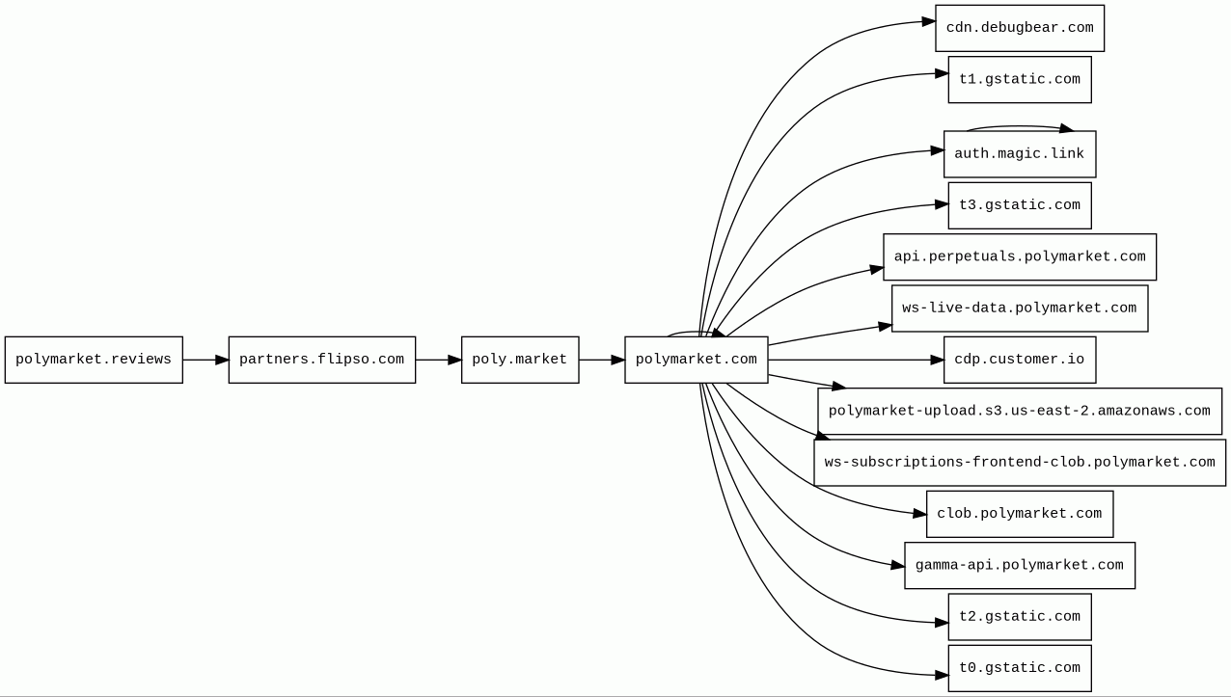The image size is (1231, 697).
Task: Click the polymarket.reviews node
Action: pyautogui.click(x=94, y=360)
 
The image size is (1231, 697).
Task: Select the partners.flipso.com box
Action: pyautogui.click(x=322, y=360)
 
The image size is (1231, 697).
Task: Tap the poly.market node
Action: pyautogui.click(x=520, y=360)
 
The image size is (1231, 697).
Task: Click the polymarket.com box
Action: pyautogui.click(x=697, y=360)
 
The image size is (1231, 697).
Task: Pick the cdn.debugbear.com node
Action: pyautogui.click(x=1020, y=28)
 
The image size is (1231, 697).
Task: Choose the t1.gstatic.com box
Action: pyautogui.click(x=1020, y=80)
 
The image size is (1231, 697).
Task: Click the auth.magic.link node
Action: pyautogui.click(x=1020, y=154)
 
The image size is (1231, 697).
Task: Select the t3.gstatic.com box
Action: pyautogui.click(x=1020, y=205)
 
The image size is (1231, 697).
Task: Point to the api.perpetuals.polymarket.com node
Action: pyautogui.click(x=1020, y=257)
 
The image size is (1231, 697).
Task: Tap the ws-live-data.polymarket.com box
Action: pyautogui.click(x=1020, y=308)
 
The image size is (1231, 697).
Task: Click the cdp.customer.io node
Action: pyautogui.click(x=1020, y=360)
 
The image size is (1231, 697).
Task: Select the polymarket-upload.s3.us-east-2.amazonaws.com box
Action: pyautogui.click(x=1020, y=412)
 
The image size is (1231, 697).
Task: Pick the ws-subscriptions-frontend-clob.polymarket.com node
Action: pyautogui.click(x=1020, y=463)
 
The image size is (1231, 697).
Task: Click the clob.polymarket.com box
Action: pyautogui.click(x=1020, y=514)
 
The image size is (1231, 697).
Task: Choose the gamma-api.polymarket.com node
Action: pyautogui.click(x=1020, y=566)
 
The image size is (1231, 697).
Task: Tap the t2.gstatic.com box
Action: pyautogui.click(x=1020, y=617)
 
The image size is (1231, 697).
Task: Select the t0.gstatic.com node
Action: pyautogui.click(x=1020, y=668)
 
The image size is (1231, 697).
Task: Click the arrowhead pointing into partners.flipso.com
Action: pyautogui.click(x=222, y=360)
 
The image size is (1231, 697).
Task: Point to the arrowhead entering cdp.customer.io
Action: pyautogui.click(x=938, y=360)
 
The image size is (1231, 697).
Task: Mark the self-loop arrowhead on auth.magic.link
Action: pyautogui.click(x=1067, y=128)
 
